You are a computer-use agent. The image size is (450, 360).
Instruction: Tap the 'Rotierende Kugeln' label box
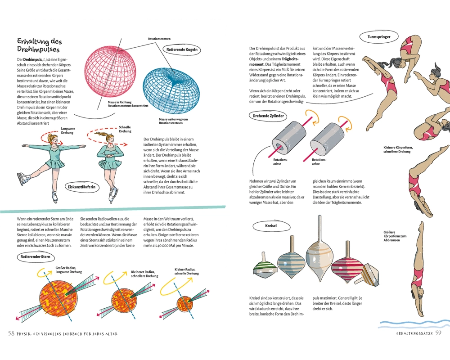click(x=182, y=50)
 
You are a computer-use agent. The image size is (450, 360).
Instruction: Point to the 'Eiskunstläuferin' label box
click(x=81, y=186)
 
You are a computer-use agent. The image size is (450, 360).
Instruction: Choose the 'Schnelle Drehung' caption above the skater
click(x=125, y=129)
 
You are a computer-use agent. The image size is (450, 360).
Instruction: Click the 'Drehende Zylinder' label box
click(x=268, y=116)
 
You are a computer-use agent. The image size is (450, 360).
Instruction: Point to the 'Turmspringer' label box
click(x=378, y=36)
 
